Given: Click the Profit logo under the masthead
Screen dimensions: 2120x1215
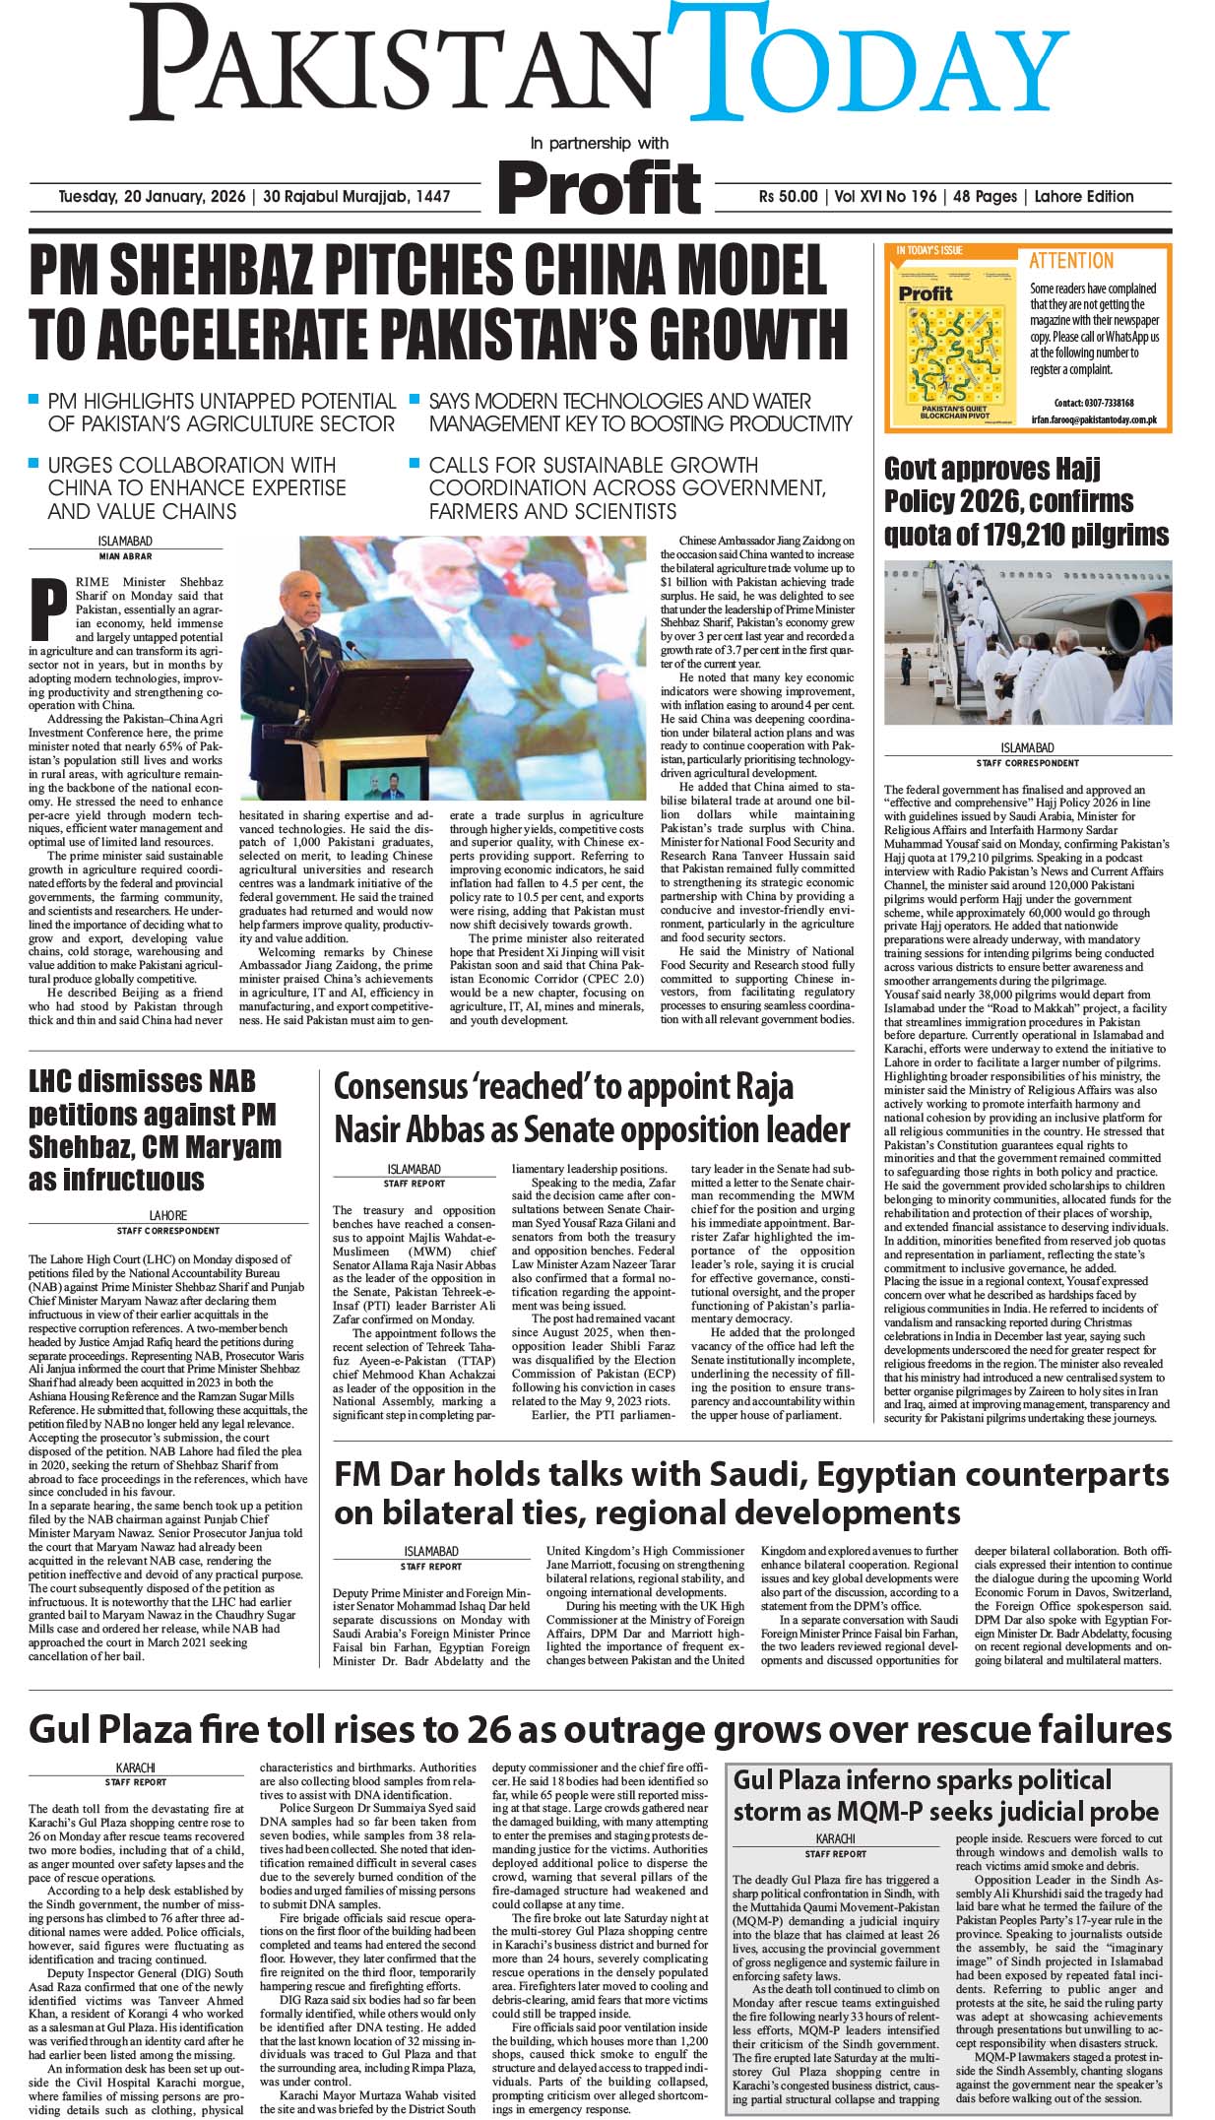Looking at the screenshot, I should (601, 184).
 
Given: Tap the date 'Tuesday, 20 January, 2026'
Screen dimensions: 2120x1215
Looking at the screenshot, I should (152, 196).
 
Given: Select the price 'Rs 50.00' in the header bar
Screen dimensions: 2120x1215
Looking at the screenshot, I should (788, 196).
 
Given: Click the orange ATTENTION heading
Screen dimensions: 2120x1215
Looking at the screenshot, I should (1070, 261).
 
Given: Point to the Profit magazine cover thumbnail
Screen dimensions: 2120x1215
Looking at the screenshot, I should (951, 341).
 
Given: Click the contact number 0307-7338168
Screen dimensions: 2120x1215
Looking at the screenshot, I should (1107, 403).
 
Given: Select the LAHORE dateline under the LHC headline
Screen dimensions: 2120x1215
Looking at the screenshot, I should (167, 1215).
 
